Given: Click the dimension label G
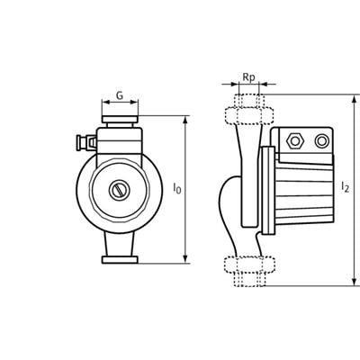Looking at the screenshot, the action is (120, 95).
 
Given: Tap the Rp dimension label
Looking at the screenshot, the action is (248, 77).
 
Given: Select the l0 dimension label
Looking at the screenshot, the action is (177, 188).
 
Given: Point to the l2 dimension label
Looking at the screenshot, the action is (345, 186).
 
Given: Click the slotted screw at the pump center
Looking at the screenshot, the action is (119, 190).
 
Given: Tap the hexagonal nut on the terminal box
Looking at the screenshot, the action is (295, 140).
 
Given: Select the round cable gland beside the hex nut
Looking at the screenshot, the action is (321, 140).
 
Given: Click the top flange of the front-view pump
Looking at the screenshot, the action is (120, 119).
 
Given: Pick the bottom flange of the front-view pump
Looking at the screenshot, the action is (120, 260).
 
